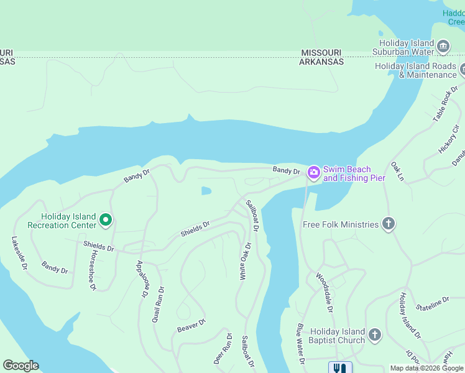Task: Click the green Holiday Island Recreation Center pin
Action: click(x=106, y=219)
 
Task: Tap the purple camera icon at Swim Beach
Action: click(x=313, y=172)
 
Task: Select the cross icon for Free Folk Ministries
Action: click(x=389, y=224)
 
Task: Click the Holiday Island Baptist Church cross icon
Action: click(x=374, y=335)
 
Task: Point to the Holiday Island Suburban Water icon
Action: click(x=443, y=47)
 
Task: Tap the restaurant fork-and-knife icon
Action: click(x=339, y=368)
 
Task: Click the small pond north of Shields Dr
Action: click(x=206, y=191)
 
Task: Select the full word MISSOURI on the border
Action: click(x=321, y=53)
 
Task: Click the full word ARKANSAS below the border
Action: click(x=321, y=62)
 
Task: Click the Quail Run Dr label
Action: click(x=158, y=303)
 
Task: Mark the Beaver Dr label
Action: click(x=191, y=325)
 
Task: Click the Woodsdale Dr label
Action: click(x=325, y=292)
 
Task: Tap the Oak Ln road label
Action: click(x=397, y=172)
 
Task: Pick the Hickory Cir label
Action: click(x=447, y=140)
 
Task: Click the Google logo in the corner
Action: click(x=21, y=366)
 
